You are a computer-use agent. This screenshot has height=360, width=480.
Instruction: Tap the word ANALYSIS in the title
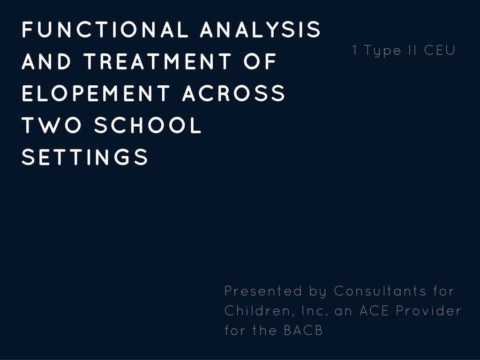(x=260, y=30)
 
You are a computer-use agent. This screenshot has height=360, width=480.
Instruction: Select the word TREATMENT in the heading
(x=157, y=61)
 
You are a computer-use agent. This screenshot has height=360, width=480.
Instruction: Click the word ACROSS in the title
(x=234, y=93)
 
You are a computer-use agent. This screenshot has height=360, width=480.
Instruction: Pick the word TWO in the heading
(x=52, y=125)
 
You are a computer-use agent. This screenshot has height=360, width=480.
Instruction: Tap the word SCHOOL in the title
(x=148, y=125)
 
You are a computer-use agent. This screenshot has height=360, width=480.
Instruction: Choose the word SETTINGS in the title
(x=85, y=157)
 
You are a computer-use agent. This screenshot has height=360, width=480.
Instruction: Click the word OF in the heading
(x=260, y=61)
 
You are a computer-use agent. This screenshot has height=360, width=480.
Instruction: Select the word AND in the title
(x=46, y=61)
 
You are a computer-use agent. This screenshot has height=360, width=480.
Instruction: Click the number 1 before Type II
(x=355, y=50)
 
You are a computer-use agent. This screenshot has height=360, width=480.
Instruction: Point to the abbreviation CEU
(x=440, y=50)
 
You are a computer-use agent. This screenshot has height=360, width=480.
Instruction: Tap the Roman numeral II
(x=412, y=50)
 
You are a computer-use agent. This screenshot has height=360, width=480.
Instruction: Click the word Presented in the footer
(x=263, y=291)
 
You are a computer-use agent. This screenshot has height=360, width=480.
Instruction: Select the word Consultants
(x=380, y=291)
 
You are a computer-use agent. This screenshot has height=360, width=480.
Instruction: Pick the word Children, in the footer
(x=258, y=311)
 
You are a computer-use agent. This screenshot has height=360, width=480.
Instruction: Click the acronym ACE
(x=374, y=311)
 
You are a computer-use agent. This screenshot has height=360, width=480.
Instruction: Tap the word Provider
(x=428, y=311)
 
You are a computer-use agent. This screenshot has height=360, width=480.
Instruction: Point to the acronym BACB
(x=303, y=330)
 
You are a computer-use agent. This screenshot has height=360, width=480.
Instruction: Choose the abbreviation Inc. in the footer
(x=315, y=311)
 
